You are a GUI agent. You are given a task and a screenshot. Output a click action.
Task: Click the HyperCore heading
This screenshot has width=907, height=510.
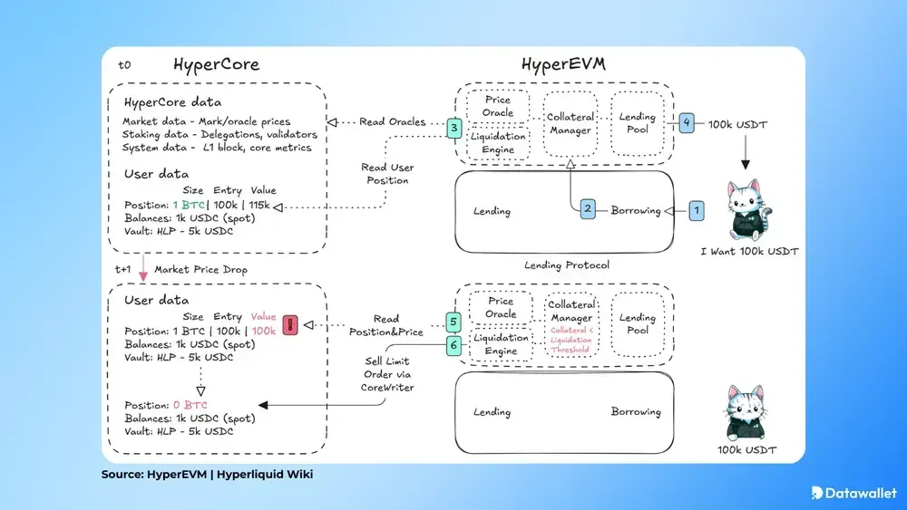point(217,65)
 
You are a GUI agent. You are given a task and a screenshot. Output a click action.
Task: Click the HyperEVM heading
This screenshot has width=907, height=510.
point(563,65)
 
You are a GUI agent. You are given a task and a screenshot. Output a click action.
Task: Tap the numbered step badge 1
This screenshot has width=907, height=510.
point(697,210)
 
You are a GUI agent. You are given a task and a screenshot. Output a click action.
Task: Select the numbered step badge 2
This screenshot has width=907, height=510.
point(588,210)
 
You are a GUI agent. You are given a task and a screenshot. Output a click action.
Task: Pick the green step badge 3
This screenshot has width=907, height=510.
point(454,129)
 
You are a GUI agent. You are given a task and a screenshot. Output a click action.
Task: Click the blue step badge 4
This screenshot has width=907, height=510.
point(687,122)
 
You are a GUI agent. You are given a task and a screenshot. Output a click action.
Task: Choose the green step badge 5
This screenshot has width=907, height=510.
point(454,322)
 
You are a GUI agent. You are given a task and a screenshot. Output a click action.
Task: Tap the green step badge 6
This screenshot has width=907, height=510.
point(454,344)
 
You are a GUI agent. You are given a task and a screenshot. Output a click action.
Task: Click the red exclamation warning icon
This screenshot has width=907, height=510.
point(291,324)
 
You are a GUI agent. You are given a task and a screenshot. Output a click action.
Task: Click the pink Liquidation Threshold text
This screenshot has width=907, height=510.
point(571,340)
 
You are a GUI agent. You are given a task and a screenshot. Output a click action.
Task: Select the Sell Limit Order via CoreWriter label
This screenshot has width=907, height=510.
point(387,375)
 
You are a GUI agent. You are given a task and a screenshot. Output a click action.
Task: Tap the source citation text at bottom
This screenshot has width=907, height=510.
point(207,475)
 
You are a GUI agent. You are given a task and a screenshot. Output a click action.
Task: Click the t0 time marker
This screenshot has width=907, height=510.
point(125,66)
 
